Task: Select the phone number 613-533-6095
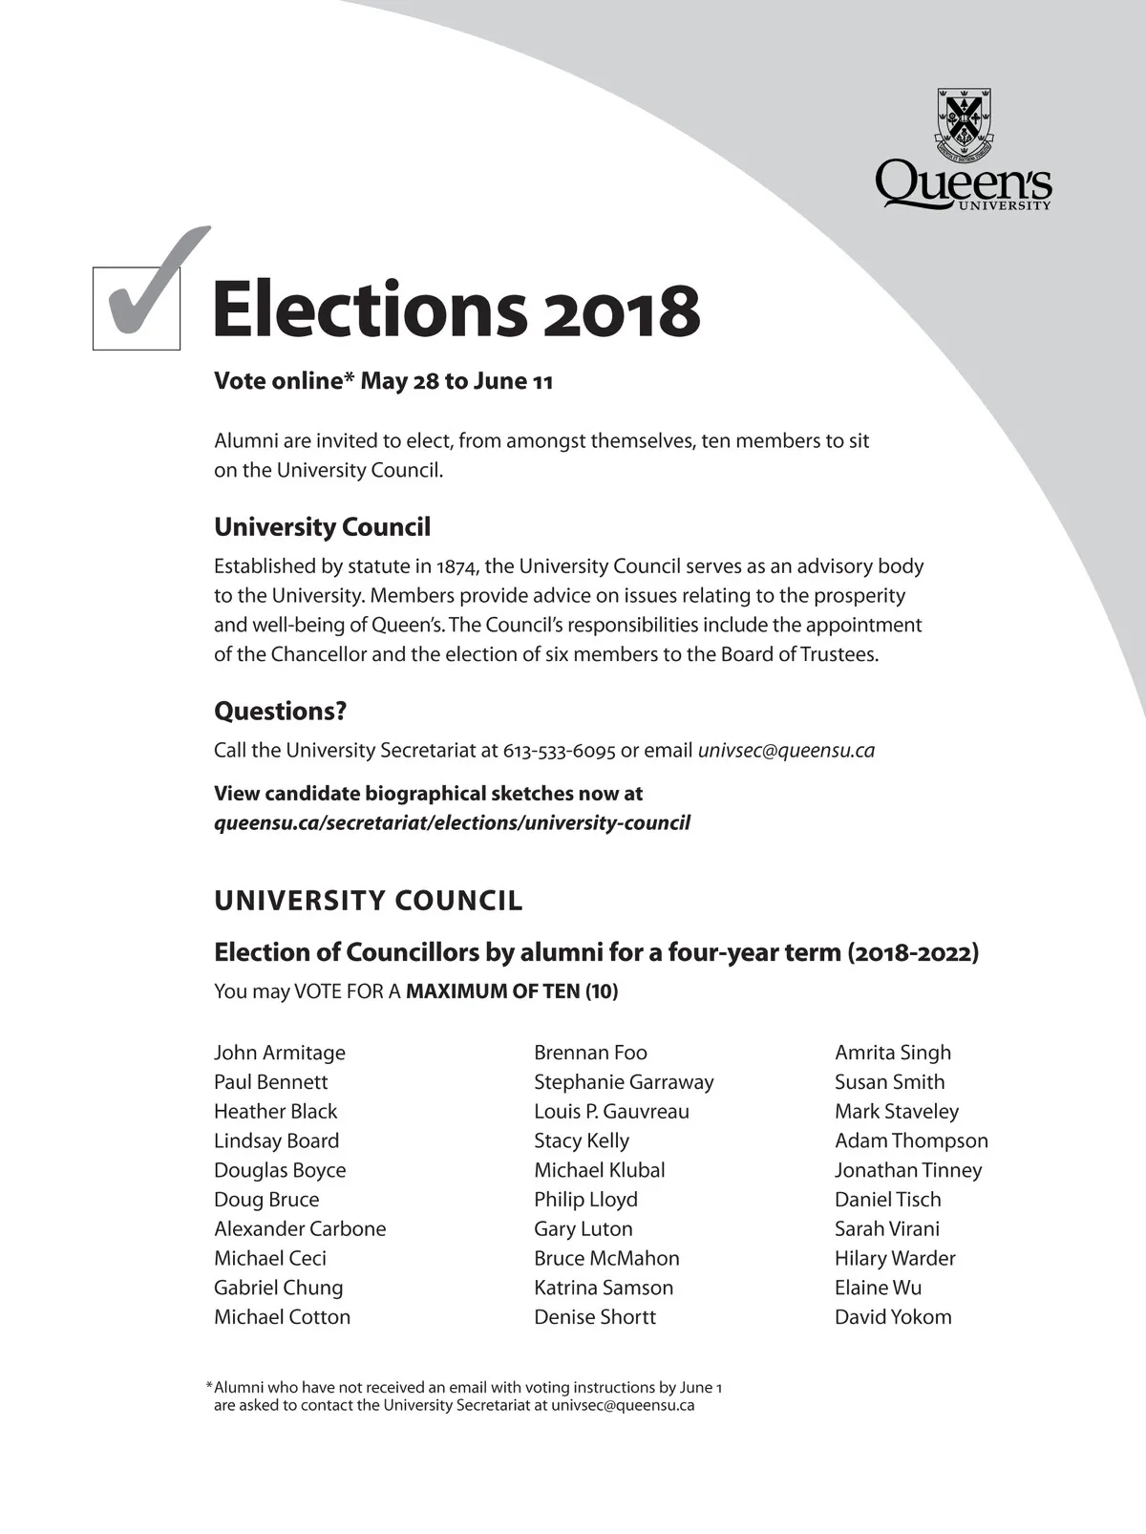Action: pyautogui.click(x=559, y=751)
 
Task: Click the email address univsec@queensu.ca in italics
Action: pyautogui.click(x=786, y=751)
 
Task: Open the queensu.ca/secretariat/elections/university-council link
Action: pyautogui.click(x=452, y=823)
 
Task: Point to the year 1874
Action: pyautogui.click(x=456, y=566)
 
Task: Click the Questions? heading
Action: pyautogui.click(x=280, y=712)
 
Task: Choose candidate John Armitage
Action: pyautogui.click(x=280, y=1053)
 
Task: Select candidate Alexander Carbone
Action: pyautogui.click(x=300, y=1229)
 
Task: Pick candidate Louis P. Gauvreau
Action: pyautogui.click(x=611, y=1112)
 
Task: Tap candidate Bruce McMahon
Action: pyautogui.click(x=606, y=1259)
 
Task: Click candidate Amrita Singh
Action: pyautogui.click(x=893, y=1053)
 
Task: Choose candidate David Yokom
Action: pyautogui.click(x=893, y=1317)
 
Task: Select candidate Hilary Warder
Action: pyautogui.click(x=895, y=1259)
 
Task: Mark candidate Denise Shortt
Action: pyautogui.click(x=595, y=1317)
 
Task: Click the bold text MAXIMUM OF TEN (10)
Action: pyautogui.click(x=512, y=991)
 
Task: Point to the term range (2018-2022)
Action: pyautogui.click(x=913, y=952)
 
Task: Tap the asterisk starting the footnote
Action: pyautogui.click(x=209, y=1386)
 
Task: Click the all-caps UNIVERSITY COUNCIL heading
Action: pyautogui.click(x=369, y=901)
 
